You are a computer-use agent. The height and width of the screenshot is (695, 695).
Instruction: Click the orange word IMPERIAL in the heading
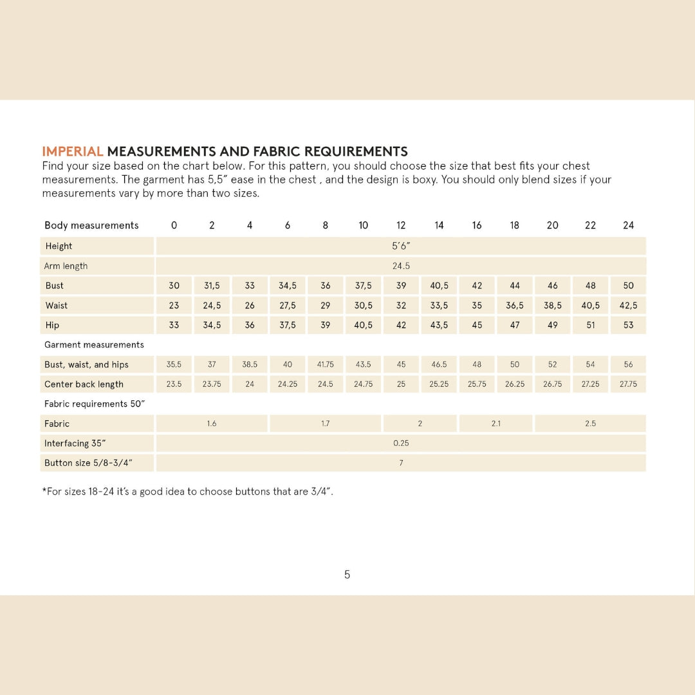[x=73, y=152]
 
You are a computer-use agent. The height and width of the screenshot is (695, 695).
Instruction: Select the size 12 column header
[x=401, y=225]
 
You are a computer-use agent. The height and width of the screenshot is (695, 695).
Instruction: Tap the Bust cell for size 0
[x=174, y=286]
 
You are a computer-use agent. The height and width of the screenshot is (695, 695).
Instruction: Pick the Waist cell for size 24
[x=628, y=306]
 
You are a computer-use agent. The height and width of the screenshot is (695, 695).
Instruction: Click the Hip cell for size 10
[x=363, y=325]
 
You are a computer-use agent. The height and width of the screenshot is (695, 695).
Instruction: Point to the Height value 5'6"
[x=401, y=246]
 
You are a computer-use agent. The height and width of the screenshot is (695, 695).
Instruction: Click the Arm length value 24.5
[x=401, y=266]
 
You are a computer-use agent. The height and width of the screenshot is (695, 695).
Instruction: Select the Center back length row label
[x=84, y=384]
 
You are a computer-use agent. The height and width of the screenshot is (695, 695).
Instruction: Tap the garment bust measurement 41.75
[x=325, y=364]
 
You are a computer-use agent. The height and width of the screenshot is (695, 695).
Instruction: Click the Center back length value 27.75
[x=628, y=384]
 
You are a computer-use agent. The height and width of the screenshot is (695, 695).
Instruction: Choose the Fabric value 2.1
[x=496, y=423]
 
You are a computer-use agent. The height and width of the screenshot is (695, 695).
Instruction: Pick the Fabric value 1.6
[x=212, y=423]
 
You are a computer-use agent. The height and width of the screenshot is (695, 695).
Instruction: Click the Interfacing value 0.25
[x=401, y=443]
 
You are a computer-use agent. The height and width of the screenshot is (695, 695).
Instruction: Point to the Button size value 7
[x=401, y=463]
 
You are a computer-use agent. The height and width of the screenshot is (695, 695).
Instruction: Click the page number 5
[x=347, y=575]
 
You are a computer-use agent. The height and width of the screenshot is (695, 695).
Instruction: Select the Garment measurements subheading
[x=94, y=345]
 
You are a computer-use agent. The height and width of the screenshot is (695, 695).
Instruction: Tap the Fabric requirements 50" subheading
[x=95, y=404]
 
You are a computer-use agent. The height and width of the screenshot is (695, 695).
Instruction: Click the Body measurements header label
[x=91, y=225]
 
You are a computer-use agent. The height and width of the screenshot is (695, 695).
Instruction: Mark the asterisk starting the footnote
[x=44, y=491]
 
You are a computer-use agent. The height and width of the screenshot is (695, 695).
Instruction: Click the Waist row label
[x=57, y=306]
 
